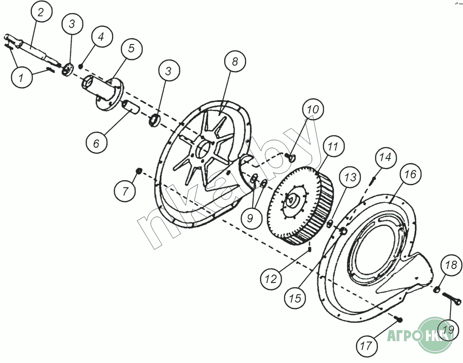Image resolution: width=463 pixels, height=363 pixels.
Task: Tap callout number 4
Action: tap(101, 37)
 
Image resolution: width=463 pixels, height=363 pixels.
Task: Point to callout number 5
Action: tap(131, 48)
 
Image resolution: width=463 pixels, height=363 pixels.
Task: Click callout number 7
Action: tap(125, 191)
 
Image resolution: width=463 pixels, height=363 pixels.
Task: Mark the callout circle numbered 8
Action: tap(235, 62)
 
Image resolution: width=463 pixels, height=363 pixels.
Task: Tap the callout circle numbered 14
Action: tap(386, 156)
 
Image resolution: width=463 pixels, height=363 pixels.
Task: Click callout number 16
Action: tap(410, 174)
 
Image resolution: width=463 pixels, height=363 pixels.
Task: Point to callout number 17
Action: tap(367, 345)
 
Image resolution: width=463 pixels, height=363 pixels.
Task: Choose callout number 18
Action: tap(451, 265)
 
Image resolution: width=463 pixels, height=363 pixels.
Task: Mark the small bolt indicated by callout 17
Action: tap(399, 319)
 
